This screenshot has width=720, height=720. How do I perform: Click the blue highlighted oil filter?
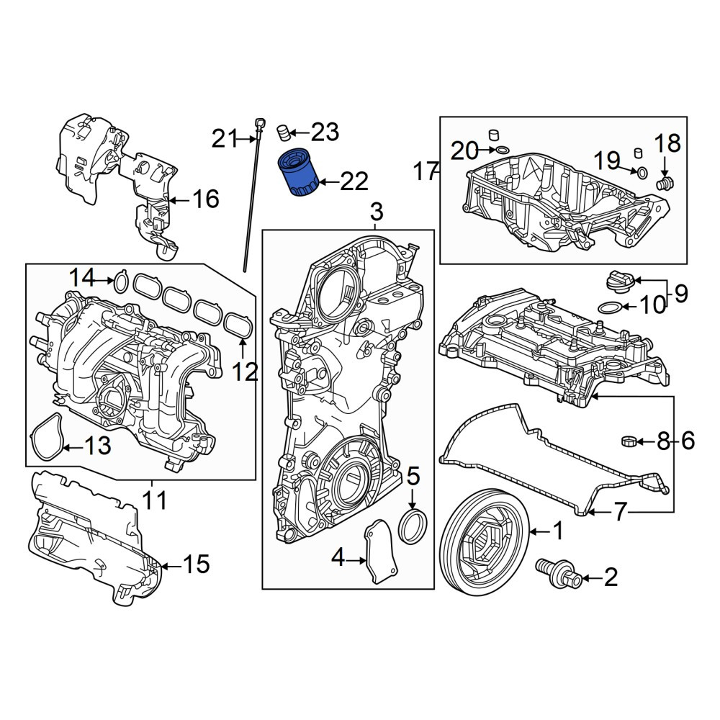[x=299, y=172]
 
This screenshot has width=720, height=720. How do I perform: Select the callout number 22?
[x=354, y=182]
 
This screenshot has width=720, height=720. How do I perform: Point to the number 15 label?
[x=196, y=564]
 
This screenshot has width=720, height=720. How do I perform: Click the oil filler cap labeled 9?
[x=619, y=281]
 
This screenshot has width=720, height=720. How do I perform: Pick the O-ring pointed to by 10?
[x=611, y=306]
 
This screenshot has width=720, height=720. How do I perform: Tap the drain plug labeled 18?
[x=665, y=183]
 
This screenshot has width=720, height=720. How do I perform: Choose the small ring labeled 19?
[x=642, y=173]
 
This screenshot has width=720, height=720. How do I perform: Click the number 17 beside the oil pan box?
[x=426, y=171]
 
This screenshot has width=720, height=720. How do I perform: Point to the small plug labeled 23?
[x=284, y=133]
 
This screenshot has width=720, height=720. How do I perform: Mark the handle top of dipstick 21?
[x=261, y=123]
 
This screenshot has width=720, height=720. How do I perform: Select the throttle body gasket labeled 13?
[x=46, y=436]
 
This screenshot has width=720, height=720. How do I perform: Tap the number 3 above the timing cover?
[x=376, y=212]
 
